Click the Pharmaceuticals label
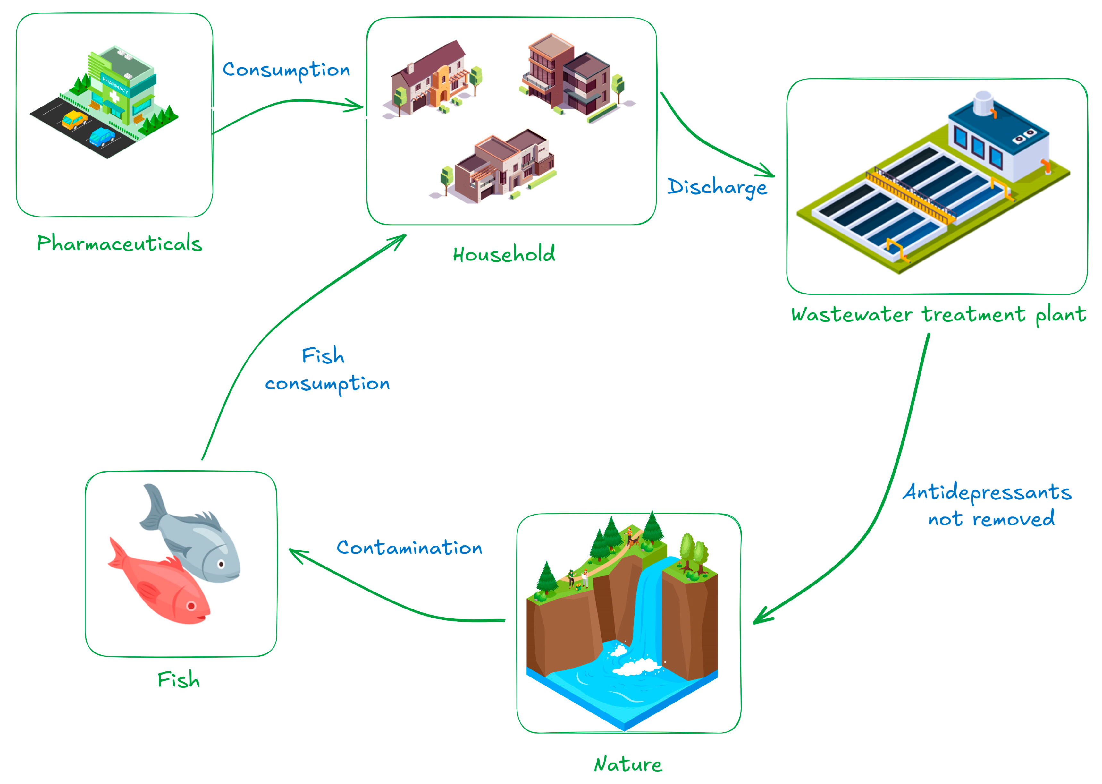[x=119, y=243]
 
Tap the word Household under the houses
[x=503, y=254]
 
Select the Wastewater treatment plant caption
[x=938, y=315]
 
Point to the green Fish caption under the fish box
[x=179, y=680]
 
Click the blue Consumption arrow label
[x=286, y=70]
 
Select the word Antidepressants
[x=987, y=492]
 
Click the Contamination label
[x=409, y=548]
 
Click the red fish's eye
[x=191, y=605]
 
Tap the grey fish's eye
[x=221, y=564]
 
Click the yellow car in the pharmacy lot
[x=75, y=119]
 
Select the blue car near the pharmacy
[x=102, y=137]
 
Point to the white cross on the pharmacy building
[x=114, y=97]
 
